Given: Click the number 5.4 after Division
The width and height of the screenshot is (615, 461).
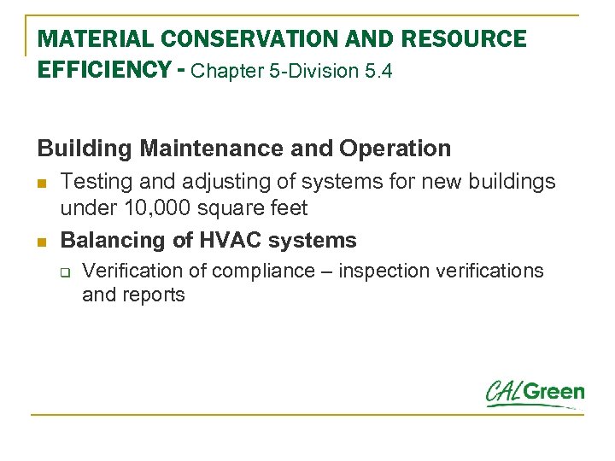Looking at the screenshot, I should point(378,72).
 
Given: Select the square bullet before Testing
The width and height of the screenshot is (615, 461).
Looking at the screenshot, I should point(42,183).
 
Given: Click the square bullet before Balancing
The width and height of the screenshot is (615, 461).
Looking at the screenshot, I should point(42,242).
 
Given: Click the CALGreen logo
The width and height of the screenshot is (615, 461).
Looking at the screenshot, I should point(535,394).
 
